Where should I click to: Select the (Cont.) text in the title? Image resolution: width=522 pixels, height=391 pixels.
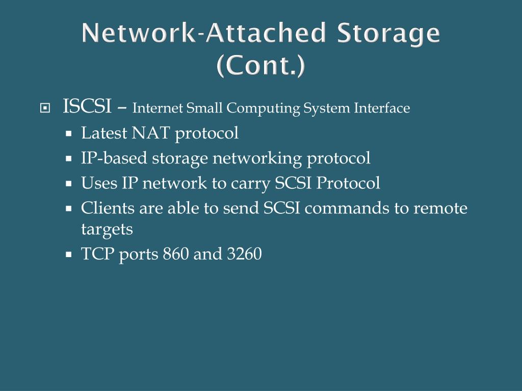point(261,66)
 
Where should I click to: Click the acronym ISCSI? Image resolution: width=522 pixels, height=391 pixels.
point(87,107)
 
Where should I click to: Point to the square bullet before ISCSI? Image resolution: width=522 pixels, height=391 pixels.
point(45,108)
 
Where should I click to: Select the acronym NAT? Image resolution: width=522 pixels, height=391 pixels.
point(151,133)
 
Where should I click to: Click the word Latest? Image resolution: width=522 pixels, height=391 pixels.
point(104,133)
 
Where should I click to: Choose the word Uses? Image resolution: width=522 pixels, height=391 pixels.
point(99,183)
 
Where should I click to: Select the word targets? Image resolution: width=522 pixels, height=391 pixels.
point(107,230)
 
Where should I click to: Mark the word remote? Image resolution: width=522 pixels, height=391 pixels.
point(440,208)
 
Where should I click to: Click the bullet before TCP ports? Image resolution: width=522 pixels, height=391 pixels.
point(68,254)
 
